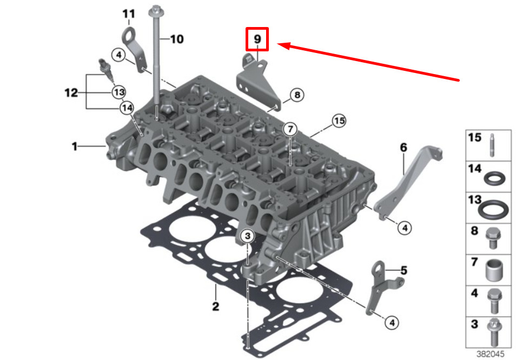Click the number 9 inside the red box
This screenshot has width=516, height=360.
257,39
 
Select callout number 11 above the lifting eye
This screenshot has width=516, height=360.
129,14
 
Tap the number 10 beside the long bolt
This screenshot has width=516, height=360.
177,39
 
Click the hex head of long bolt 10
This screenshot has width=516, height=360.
156,12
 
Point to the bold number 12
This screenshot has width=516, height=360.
71,92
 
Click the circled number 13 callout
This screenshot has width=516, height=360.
119,92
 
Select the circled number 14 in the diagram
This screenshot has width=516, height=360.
127,108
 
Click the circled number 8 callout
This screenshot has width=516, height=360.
297,95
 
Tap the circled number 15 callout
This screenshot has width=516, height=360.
339,121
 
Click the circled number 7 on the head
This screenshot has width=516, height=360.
290,129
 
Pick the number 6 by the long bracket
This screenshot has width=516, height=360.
403,148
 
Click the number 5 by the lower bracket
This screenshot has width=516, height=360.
404,270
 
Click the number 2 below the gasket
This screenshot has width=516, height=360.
216,306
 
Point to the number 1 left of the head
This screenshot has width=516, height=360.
75,146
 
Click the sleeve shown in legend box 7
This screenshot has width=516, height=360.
494,270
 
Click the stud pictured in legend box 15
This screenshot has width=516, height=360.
492,145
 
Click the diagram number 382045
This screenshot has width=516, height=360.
491,354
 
